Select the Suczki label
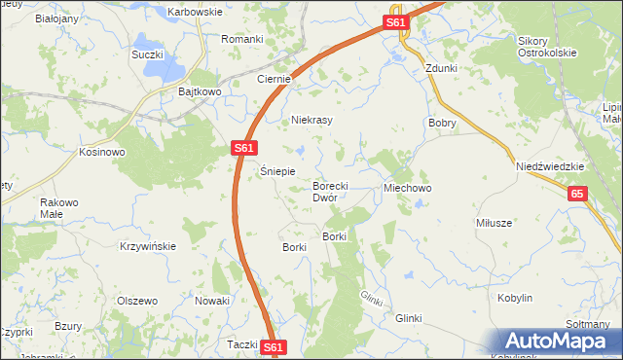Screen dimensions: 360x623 point(147,54)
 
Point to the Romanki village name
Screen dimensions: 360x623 point(242,39)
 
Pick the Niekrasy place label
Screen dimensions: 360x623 point(312,120)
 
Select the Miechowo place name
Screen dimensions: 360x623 point(408,186)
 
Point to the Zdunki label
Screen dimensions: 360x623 point(441,69)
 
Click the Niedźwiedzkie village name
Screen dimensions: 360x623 point(550,166)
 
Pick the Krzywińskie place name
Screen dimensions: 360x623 point(148,246)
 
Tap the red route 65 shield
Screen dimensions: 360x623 point(578,195)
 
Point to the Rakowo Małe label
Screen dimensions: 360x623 point(51,208)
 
